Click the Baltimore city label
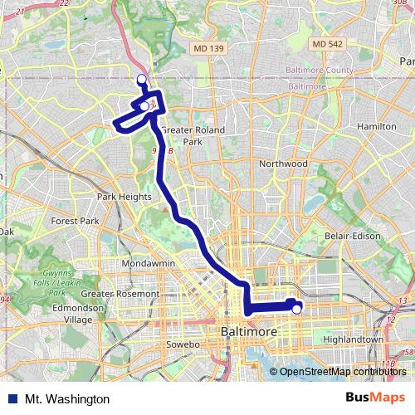coord(247,332)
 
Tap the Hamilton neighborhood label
coord(378,125)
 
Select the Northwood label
coord(283,164)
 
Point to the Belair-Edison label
coord(353,236)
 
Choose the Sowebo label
coord(183,344)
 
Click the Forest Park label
coord(75,222)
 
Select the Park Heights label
coord(124,197)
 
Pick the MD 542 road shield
coord(329,43)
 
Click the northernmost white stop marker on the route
coord(141,79)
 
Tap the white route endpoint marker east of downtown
coord(296,310)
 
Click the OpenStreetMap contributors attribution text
coord(341,371)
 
